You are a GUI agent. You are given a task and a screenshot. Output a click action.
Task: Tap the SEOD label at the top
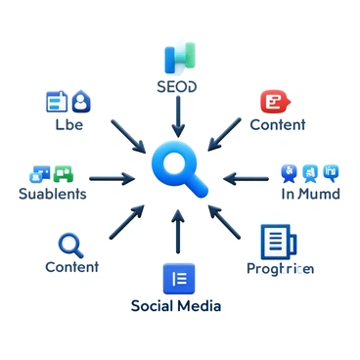[176, 87]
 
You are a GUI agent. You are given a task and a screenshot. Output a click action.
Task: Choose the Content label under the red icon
[277, 125]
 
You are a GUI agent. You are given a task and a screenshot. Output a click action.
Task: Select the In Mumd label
[308, 194]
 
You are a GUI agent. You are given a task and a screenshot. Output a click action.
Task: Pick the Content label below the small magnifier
[71, 266]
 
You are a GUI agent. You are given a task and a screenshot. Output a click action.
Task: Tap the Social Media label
[176, 306]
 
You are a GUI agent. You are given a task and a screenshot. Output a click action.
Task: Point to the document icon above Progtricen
[277, 241]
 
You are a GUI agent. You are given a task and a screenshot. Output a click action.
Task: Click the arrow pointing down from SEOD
[177, 117]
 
